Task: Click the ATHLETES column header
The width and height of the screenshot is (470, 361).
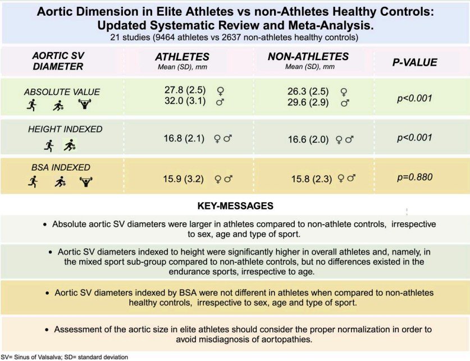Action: coord(182,57)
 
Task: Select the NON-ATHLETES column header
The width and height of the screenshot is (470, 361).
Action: coord(308,56)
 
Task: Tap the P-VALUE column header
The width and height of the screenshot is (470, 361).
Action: coord(415,62)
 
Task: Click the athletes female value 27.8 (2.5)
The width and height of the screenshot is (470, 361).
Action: coord(185,90)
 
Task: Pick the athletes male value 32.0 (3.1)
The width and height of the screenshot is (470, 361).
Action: coord(185,100)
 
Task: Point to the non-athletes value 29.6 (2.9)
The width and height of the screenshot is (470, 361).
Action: coord(308,102)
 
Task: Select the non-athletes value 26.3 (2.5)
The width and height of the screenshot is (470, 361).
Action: coord(308,92)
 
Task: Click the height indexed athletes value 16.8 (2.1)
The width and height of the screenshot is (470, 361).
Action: coord(184,139)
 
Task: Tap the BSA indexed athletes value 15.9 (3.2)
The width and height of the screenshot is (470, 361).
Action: coord(184,179)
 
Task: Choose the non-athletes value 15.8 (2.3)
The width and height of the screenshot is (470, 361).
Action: coord(312,179)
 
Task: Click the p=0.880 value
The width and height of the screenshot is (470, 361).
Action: coord(415,177)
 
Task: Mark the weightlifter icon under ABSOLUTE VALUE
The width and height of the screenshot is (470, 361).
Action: coord(85,104)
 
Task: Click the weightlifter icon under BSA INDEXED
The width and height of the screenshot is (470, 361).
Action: coord(86,181)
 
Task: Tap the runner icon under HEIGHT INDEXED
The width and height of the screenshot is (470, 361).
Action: coord(49,145)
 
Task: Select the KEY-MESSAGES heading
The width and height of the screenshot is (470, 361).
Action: coord(235,206)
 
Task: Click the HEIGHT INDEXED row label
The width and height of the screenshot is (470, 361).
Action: coord(65,129)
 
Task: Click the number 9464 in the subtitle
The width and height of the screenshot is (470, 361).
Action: coord(166,38)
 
